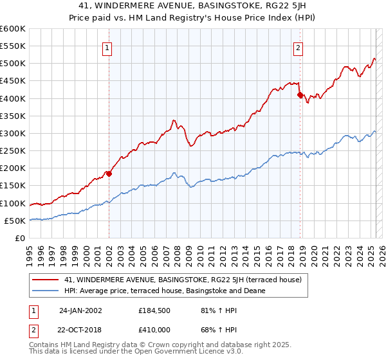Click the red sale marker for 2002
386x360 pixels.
(109, 174)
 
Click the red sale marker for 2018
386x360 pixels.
(300, 95)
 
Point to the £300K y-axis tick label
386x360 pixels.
(13, 133)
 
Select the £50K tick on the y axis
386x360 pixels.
(15, 221)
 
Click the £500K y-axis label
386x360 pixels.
(13, 64)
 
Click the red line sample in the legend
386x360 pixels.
(46, 280)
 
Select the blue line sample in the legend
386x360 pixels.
(46, 291)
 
